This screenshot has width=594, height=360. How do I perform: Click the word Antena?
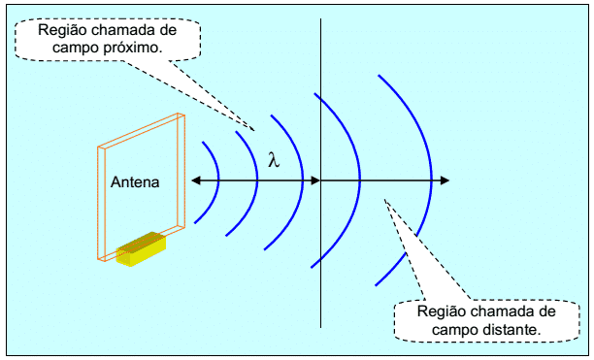click(x=135, y=182)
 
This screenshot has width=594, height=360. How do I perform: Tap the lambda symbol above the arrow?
click(x=274, y=160)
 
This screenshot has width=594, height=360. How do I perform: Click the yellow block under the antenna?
click(x=141, y=248)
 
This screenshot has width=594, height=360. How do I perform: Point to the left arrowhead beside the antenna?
click(x=195, y=180)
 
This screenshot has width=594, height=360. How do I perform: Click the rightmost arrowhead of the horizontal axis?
click(x=445, y=180)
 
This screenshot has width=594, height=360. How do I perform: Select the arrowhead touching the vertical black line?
click(x=315, y=180)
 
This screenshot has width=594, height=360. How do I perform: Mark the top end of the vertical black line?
click(x=321, y=18)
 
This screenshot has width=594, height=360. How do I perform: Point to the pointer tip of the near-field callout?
click(x=254, y=131)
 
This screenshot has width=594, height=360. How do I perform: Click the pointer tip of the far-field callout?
click(x=385, y=200)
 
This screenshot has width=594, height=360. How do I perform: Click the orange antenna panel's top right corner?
click(x=184, y=115)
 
